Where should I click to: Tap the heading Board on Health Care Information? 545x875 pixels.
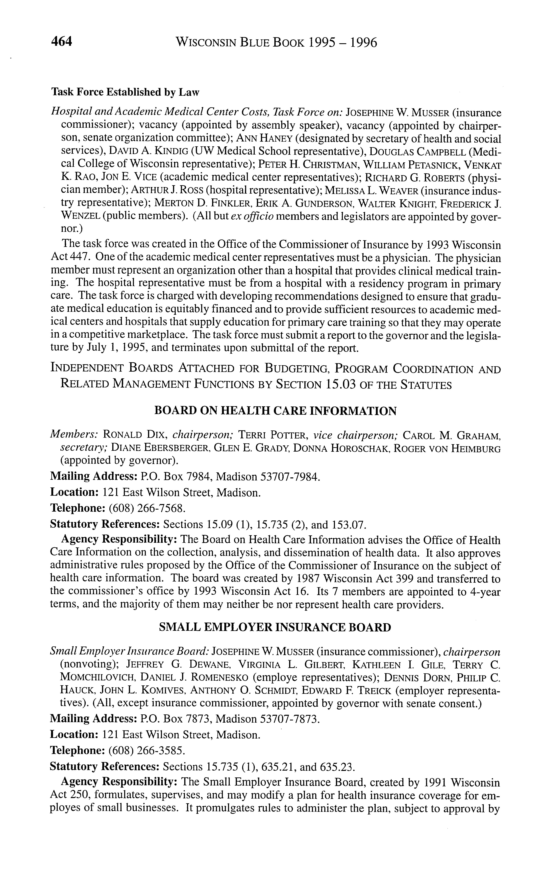click(x=275, y=411)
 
